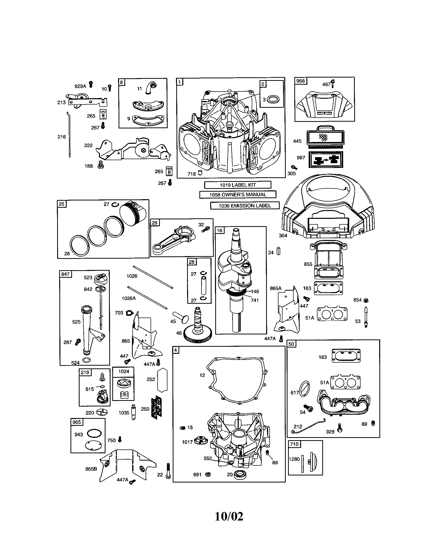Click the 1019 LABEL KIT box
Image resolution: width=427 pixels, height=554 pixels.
click(x=238, y=185)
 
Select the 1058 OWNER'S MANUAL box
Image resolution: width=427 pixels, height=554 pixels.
click(x=238, y=195)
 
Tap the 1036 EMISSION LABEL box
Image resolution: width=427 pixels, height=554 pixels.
click(x=245, y=206)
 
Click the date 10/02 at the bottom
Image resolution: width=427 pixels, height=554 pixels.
click(x=229, y=516)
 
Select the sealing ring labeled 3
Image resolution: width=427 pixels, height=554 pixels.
click(x=273, y=99)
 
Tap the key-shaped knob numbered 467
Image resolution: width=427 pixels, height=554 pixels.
click(x=333, y=83)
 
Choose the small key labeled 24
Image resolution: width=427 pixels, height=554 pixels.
click(x=278, y=251)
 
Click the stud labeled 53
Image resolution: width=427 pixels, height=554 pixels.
click(x=366, y=317)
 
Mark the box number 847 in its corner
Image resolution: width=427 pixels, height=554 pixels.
click(x=65, y=274)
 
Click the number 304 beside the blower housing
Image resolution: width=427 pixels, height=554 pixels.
click(x=283, y=236)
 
